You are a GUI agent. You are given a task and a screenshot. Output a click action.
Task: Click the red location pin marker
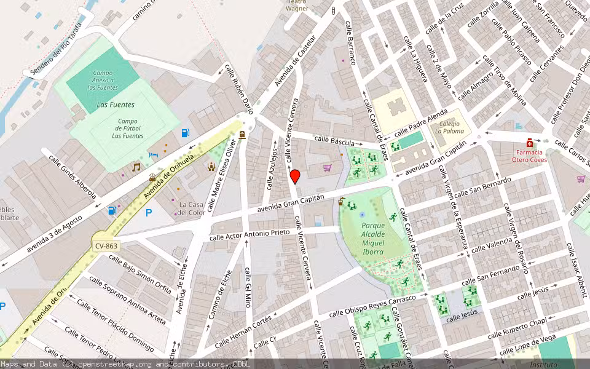[x=295, y=177]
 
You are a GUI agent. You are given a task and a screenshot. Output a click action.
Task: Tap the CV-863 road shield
[x=106, y=245]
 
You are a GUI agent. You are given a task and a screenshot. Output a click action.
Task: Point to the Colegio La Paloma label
[x=447, y=127]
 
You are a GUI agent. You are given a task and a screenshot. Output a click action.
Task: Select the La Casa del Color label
[x=191, y=208]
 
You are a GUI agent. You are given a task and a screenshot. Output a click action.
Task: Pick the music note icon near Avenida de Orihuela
[x=136, y=167]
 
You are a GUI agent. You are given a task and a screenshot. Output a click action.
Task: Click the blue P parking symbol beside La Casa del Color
[x=148, y=213]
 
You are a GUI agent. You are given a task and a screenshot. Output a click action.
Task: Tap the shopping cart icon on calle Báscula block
[x=327, y=167]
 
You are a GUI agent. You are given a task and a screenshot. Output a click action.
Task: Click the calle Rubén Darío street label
[x=238, y=86]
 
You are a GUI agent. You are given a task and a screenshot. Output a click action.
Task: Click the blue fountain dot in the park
[x=362, y=215]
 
